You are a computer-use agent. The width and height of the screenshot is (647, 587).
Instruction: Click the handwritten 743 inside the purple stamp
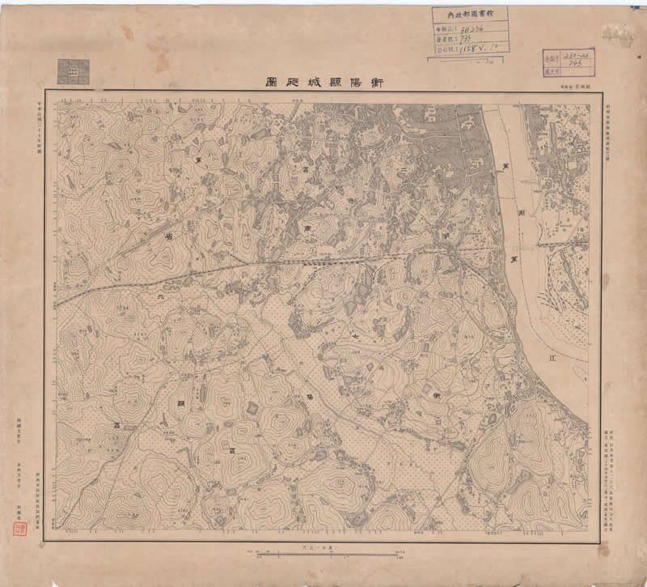[x=578, y=62]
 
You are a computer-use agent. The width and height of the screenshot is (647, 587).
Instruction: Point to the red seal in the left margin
[x=20, y=527]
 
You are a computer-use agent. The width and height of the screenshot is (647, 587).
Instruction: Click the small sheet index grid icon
[x=71, y=72]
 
